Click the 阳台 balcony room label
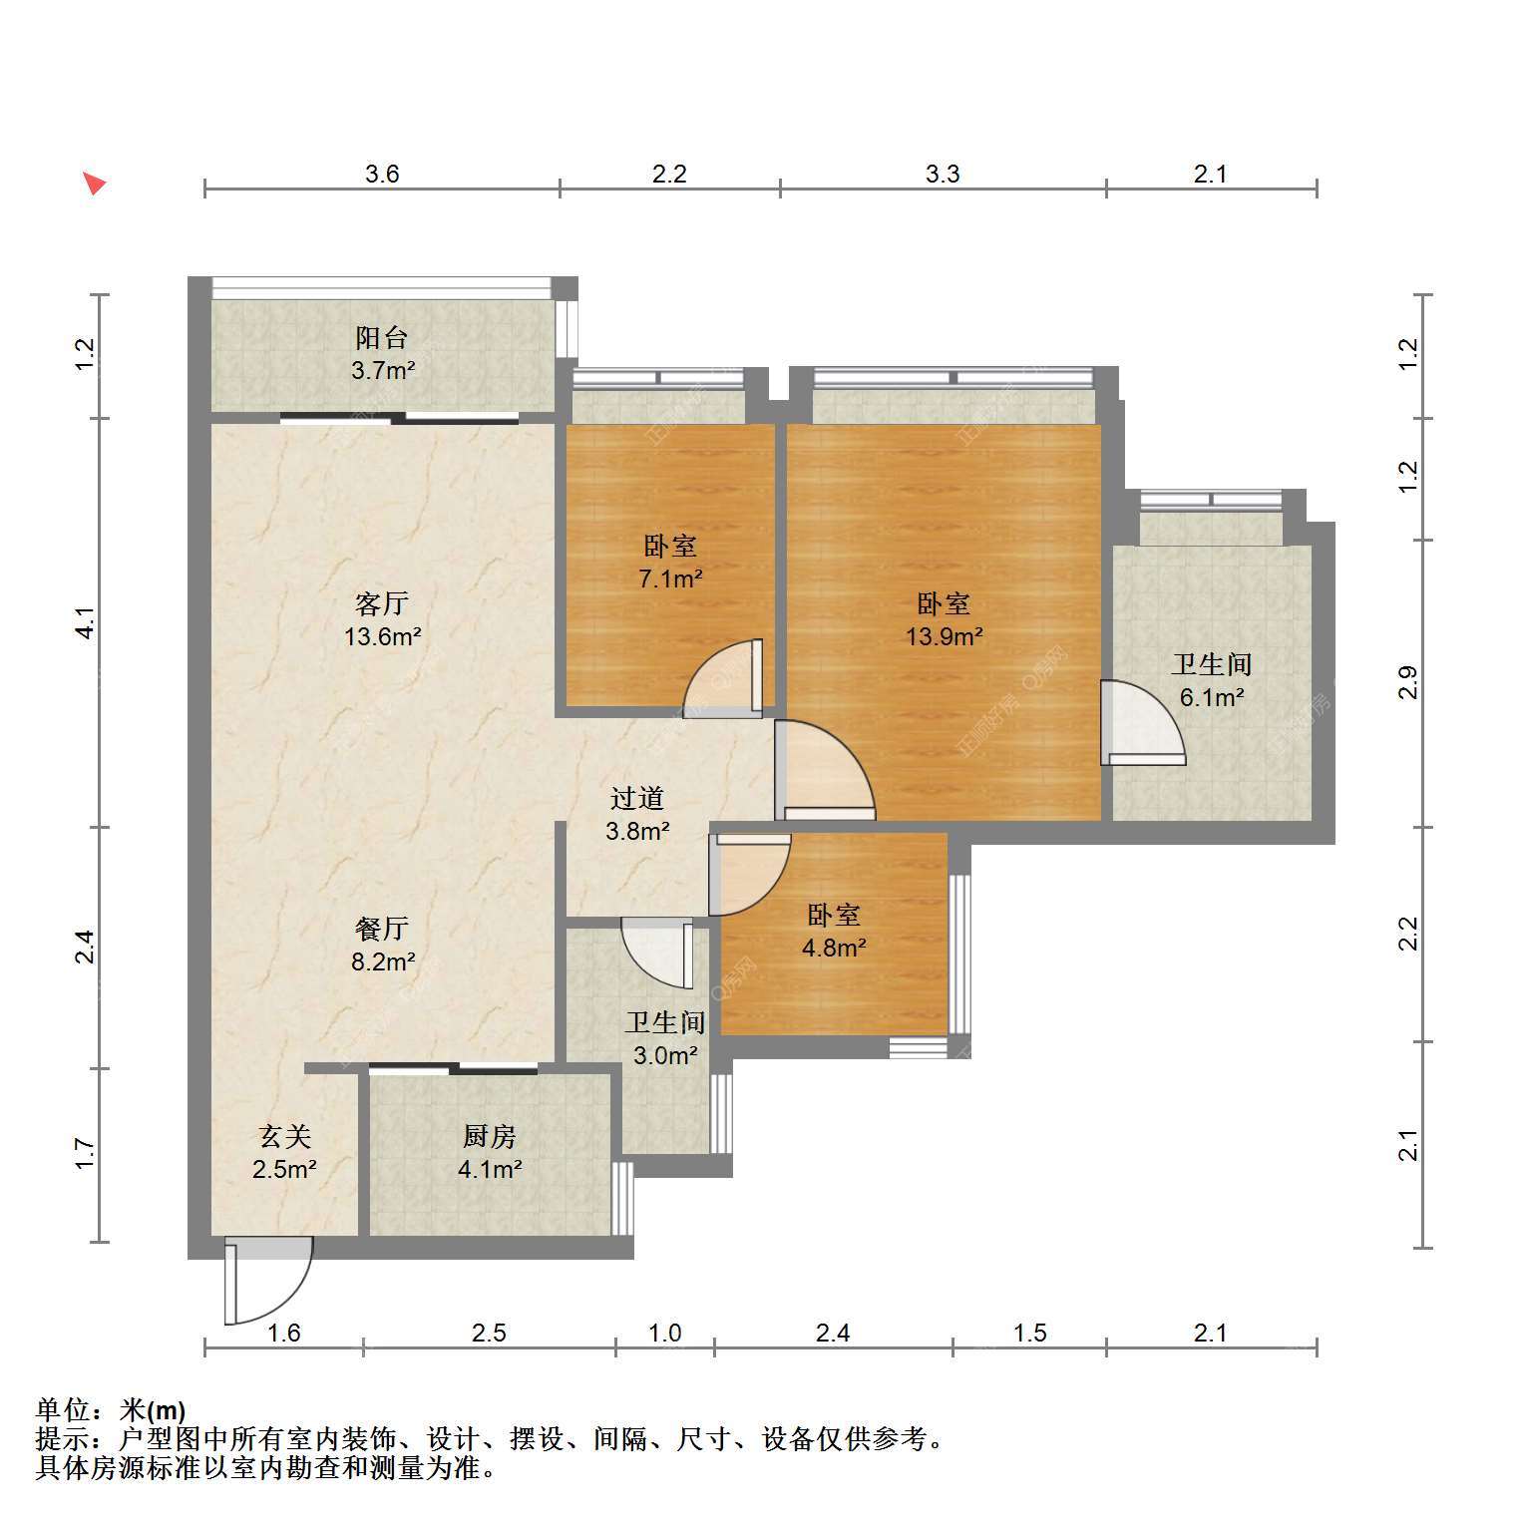[x=382, y=338]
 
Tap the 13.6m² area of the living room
[x=383, y=636]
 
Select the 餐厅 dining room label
[x=382, y=929]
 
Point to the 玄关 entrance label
[x=285, y=1136]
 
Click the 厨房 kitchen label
[x=490, y=1136]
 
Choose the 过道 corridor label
[x=637, y=798]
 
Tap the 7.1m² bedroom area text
[x=671, y=578]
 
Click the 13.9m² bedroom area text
[x=944, y=636]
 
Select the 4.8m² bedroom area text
[x=834, y=948]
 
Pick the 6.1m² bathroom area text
[x=1212, y=697]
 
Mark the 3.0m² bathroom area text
[x=665, y=1055]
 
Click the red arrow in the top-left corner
[x=94, y=183]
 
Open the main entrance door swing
[x=268, y=1281]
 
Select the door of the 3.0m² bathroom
[x=657, y=954]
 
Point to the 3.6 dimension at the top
[x=382, y=175]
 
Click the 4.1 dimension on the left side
[x=86, y=623]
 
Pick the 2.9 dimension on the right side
[x=1407, y=683]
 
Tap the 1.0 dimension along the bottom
[x=665, y=1333]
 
